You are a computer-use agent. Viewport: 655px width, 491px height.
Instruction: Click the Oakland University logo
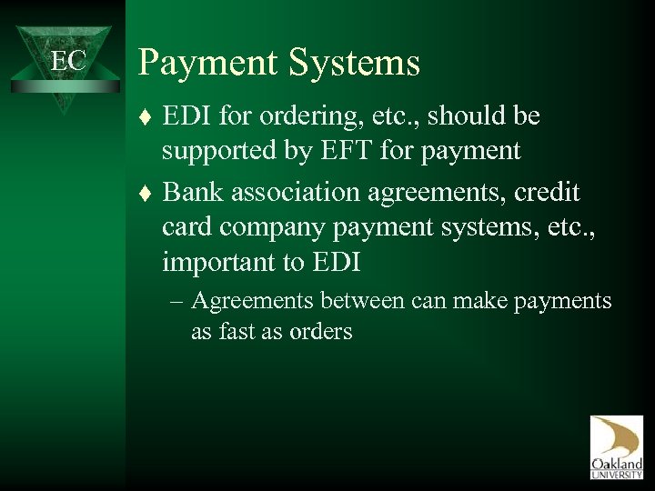pos(616,446)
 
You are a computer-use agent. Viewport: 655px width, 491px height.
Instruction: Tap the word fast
pos(240,332)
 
